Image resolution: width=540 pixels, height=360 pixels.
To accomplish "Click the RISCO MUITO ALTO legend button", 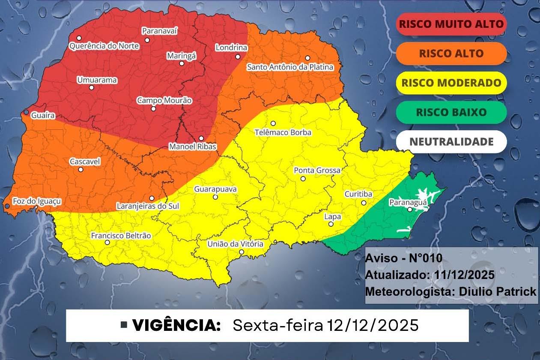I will pyautogui.click(x=451, y=24).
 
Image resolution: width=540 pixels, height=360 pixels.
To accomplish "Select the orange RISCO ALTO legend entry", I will pyautogui.click(x=451, y=54).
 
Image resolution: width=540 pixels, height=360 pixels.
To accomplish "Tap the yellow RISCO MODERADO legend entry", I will pyautogui.click(x=451, y=83).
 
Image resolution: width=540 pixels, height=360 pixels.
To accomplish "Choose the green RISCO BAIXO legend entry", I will pyautogui.click(x=451, y=112).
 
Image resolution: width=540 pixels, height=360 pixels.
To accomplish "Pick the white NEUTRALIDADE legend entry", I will pyautogui.click(x=451, y=142).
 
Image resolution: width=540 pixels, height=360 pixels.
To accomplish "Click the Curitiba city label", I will pyautogui.click(x=358, y=194).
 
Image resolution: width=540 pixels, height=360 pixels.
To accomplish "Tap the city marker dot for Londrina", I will pyautogui.click(x=238, y=57).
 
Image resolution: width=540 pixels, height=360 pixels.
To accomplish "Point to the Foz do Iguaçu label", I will pyautogui.click(x=37, y=201).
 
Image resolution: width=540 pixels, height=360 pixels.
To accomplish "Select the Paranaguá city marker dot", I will pyautogui.click(x=410, y=210).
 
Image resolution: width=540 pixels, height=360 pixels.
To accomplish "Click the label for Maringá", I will pyautogui.click(x=181, y=56).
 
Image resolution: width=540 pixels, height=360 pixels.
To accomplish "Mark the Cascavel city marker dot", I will pyautogui.click(x=81, y=169).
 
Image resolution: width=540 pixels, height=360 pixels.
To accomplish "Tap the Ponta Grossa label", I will pyautogui.click(x=317, y=171).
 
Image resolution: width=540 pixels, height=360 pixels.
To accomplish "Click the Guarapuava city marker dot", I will pyautogui.click(x=215, y=197).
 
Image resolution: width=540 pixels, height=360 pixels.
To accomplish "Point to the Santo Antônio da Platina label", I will pyautogui.click(x=290, y=67).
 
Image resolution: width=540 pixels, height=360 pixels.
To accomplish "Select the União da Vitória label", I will pyautogui.click(x=235, y=244).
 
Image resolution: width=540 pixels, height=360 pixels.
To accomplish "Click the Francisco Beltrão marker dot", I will pyautogui.click(x=107, y=243).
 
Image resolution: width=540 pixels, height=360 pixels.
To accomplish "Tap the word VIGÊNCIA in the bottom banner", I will pyautogui.click(x=176, y=325).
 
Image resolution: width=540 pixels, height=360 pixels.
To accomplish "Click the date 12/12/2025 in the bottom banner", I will pyautogui.click(x=373, y=325).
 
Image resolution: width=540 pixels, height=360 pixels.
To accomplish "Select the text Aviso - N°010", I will pyautogui.click(x=403, y=258).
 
